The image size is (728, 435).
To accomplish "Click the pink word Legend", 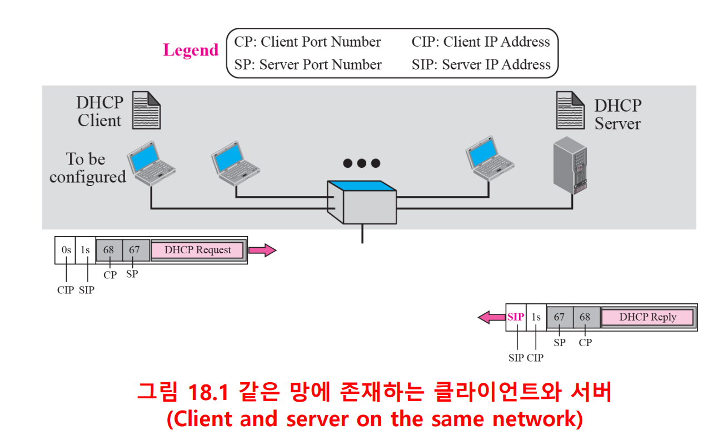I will [x=191, y=50].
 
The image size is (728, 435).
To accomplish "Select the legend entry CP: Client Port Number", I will [x=307, y=42].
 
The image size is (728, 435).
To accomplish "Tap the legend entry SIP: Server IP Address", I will [x=481, y=65].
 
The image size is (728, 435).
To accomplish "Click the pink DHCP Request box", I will [x=197, y=250].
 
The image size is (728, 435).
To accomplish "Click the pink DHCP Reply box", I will [x=647, y=317].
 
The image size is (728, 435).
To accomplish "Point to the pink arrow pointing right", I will [x=262, y=251].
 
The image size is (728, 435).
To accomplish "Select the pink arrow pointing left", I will [x=491, y=317].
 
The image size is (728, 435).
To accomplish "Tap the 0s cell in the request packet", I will [x=66, y=250].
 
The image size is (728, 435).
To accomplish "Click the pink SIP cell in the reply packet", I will [x=516, y=317].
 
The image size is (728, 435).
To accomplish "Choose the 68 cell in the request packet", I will [x=109, y=250].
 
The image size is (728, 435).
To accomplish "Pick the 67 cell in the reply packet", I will [x=559, y=317].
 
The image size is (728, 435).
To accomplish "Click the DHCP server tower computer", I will [x=570, y=166].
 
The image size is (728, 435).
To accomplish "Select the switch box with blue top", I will [x=362, y=202].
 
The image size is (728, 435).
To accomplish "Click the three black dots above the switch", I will [x=362, y=163].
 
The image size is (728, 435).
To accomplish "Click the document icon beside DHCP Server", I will [x=571, y=111].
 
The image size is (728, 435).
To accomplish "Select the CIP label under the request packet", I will [x=65, y=289].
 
